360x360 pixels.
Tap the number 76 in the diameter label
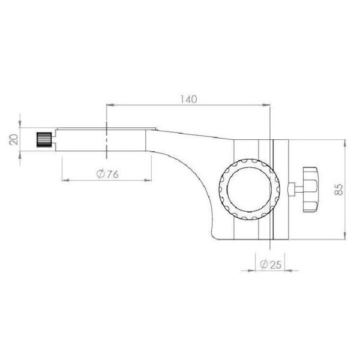pyautogui.click(x=110, y=174)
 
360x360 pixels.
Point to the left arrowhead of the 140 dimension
pyautogui.click(x=109, y=106)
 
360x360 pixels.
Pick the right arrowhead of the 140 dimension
pyautogui.click(x=268, y=106)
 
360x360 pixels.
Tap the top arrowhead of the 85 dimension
pyautogui.click(x=344, y=144)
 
